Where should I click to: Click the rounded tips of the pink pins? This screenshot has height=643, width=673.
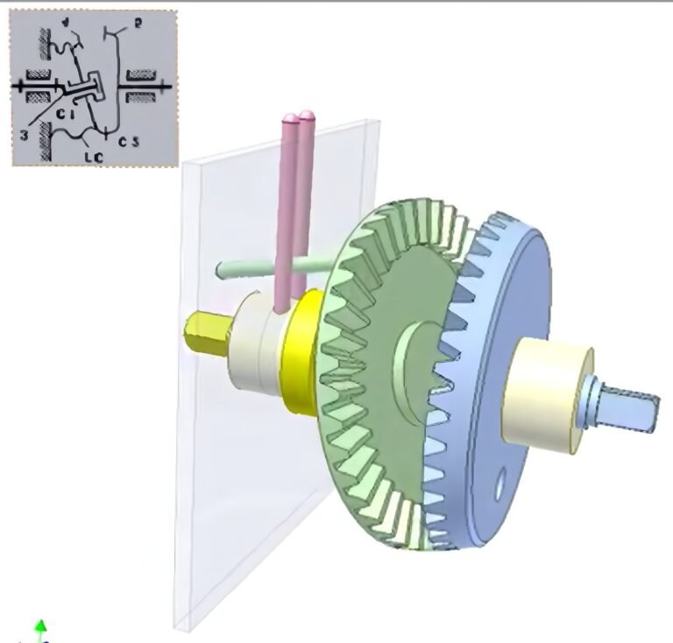click(298, 117)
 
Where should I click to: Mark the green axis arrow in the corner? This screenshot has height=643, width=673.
click(40, 627)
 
